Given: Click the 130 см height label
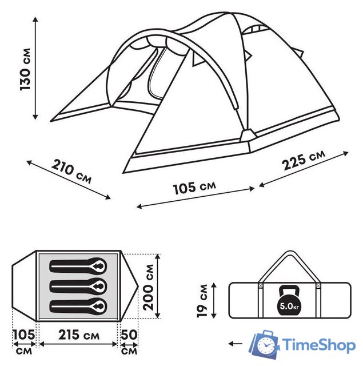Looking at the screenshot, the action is pos(25,69).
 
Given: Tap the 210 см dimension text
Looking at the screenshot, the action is pos(71,172).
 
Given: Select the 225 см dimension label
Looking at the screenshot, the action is pos(304,160).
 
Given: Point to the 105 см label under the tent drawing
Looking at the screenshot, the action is pos(194,188).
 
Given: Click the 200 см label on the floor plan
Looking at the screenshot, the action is pos(148,287).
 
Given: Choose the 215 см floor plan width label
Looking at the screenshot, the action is pos(79,335).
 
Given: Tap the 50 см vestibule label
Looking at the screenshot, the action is pos(129,342).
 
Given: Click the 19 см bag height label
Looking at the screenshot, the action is pos(202,300).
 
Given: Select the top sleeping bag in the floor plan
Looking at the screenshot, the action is pos(78,266).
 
